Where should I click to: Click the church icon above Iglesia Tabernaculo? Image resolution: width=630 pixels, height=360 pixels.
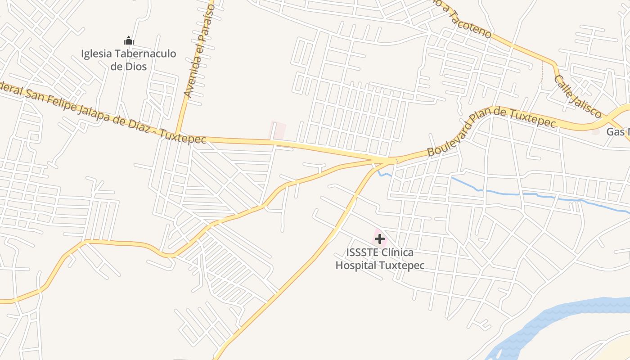(129, 40)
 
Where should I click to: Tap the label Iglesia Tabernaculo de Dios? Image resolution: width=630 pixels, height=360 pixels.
(129, 60)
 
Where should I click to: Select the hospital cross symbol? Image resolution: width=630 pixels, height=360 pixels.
(380, 238)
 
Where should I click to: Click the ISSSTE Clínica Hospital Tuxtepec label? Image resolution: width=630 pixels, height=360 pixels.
(380, 259)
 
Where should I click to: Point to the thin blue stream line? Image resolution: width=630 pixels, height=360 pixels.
(517, 194)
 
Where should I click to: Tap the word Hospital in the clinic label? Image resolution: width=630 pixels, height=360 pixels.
(355, 265)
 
